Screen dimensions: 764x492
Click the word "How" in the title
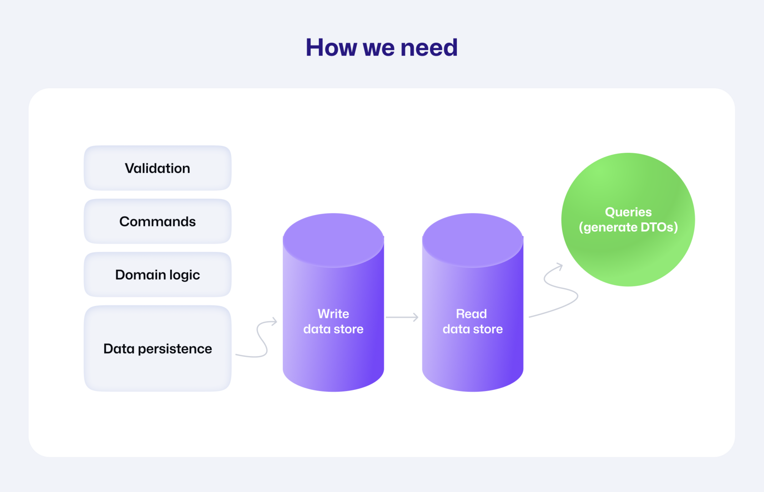tap(331, 47)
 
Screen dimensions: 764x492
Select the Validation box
tap(157, 168)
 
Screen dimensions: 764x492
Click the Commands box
tap(157, 221)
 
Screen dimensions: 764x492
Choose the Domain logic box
tap(157, 275)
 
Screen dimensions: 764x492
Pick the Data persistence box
tap(157, 348)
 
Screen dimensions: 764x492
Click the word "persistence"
tap(175, 349)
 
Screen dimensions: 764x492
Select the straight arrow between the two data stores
tap(402, 317)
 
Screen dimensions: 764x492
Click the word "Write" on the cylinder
tap(333, 314)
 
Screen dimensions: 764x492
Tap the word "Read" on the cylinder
tap(471, 314)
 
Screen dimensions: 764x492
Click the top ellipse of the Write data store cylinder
tap(333, 240)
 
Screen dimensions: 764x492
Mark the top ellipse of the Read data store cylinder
tap(472, 240)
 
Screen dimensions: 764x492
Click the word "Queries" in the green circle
tap(628, 212)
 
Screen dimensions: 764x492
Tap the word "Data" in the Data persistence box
tap(119, 348)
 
